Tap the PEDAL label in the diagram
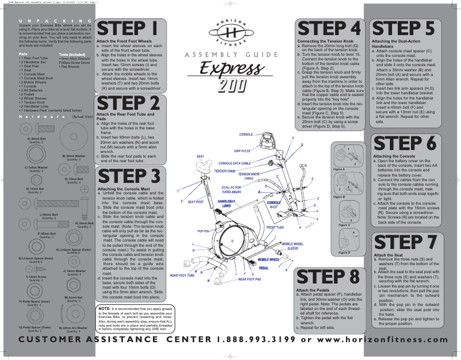264,268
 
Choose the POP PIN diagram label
203,231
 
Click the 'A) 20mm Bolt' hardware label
38,139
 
